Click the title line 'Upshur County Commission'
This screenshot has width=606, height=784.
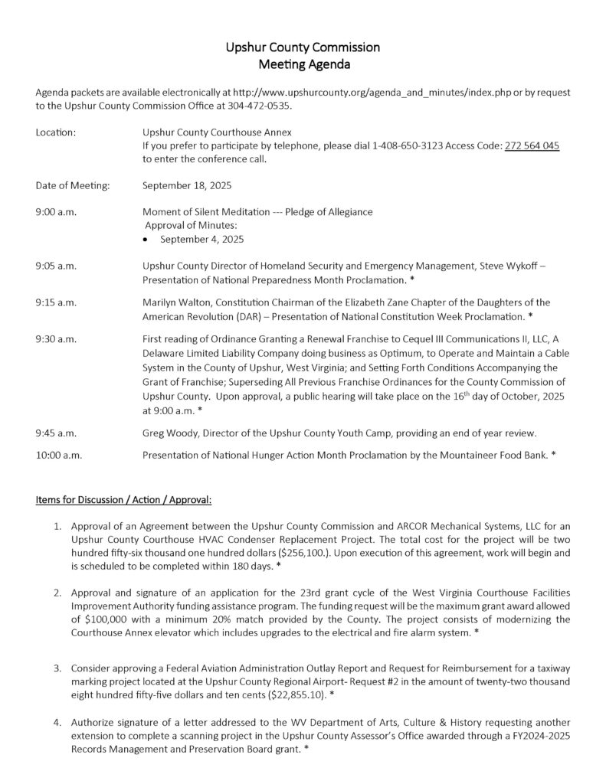coord(303,47)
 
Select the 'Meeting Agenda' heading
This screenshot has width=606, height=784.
coord(303,65)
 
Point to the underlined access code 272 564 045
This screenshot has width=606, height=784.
coord(532,145)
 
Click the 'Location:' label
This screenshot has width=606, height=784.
coord(56,132)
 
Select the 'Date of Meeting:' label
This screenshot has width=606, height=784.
coord(73,185)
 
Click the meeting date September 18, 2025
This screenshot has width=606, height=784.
coord(187,185)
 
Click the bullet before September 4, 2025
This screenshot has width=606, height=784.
coord(147,239)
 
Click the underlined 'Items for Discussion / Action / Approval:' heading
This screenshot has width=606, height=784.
coord(124,500)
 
